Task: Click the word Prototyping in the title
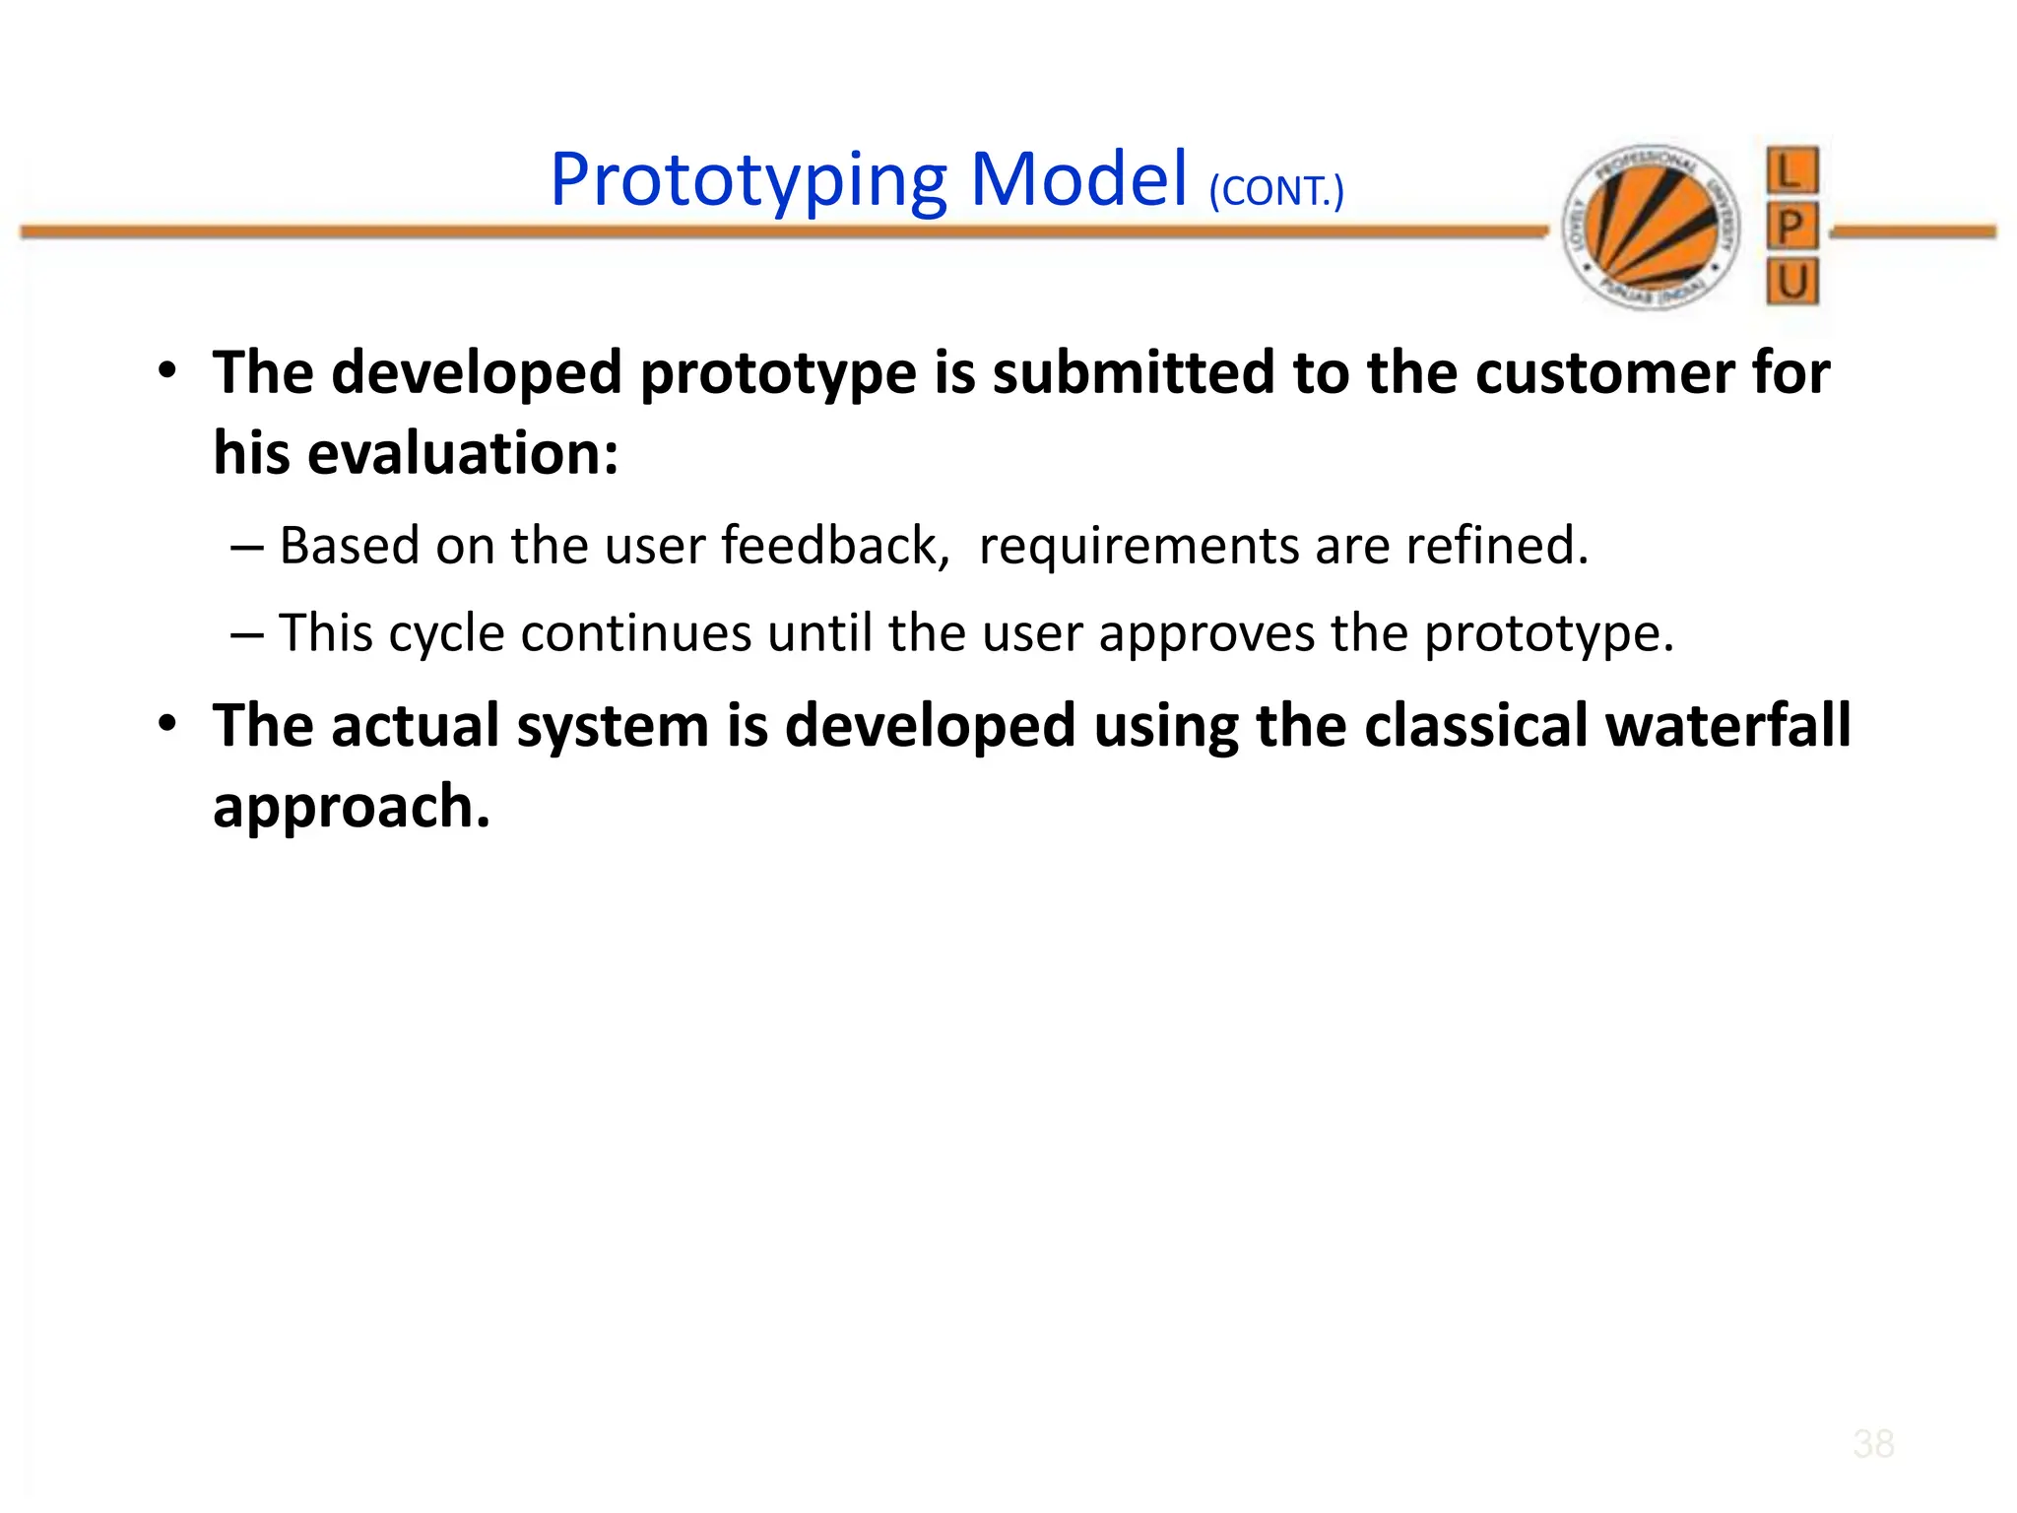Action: (x=748, y=182)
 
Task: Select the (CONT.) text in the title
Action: (x=1275, y=191)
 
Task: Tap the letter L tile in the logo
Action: (x=1791, y=170)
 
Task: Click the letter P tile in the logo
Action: (x=1791, y=228)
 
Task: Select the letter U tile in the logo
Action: (x=1791, y=283)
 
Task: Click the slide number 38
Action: (x=1872, y=1444)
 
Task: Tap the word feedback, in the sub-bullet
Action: (x=835, y=546)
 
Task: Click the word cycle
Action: (x=446, y=633)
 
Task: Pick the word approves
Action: (x=1206, y=633)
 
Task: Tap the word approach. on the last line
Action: (x=352, y=807)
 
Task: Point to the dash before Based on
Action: (x=246, y=547)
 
